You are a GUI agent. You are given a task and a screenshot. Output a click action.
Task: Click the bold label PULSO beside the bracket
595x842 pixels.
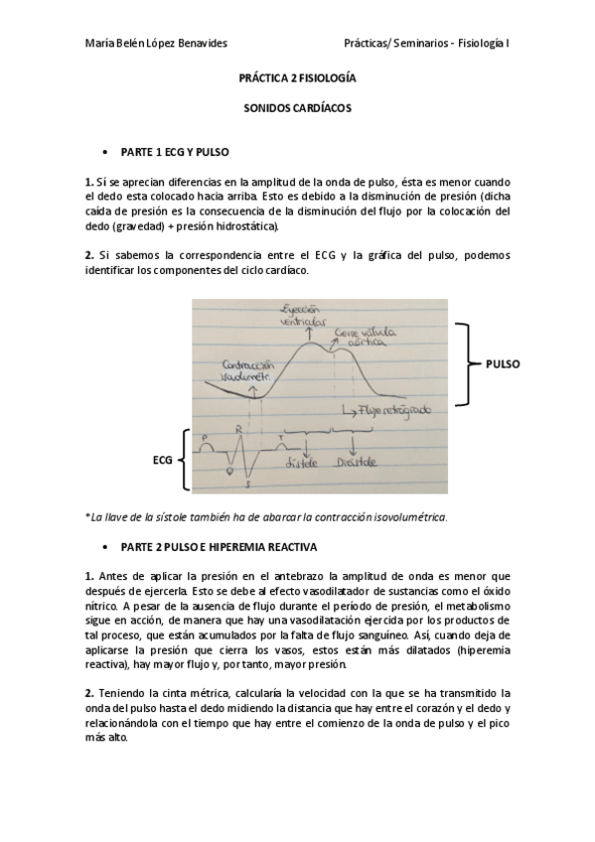point(503,364)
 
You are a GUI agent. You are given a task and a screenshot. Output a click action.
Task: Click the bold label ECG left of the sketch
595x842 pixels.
point(164,461)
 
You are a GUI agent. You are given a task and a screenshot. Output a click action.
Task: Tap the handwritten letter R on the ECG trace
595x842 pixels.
point(238,430)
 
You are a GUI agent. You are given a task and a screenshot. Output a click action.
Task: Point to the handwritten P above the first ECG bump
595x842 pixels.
point(205,436)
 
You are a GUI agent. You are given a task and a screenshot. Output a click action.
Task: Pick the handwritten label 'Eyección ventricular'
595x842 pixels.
point(303,316)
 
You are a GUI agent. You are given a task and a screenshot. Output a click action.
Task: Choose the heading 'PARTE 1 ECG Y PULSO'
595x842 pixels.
point(173,154)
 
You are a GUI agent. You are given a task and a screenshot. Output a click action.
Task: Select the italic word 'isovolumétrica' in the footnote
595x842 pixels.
point(409,516)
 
